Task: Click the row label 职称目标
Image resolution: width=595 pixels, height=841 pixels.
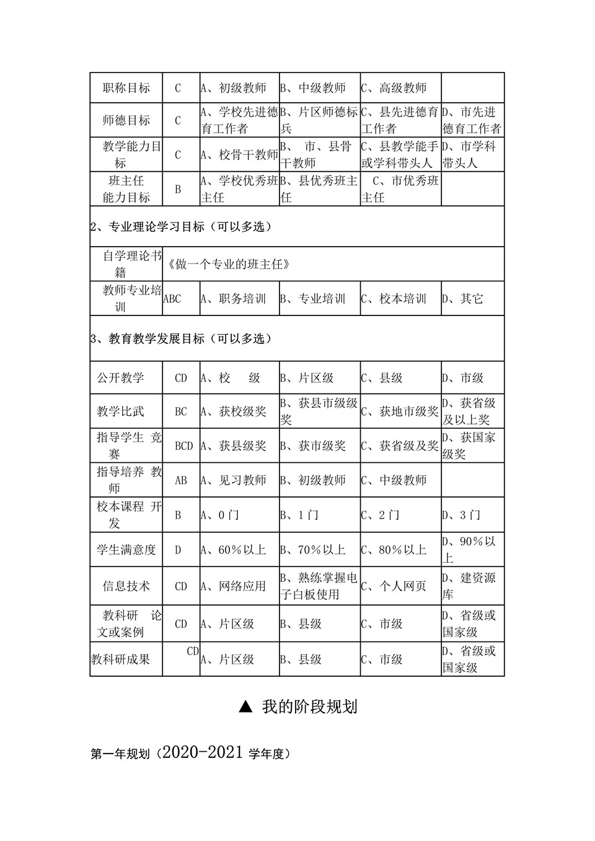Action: (126, 88)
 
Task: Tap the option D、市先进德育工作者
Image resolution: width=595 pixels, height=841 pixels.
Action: (472, 120)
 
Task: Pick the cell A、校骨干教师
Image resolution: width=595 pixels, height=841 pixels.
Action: (239, 155)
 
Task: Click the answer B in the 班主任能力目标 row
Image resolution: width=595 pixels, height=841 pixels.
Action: (178, 189)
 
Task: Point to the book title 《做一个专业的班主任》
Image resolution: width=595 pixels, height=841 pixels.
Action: (229, 264)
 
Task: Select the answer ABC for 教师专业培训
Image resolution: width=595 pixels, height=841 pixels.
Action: (172, 299)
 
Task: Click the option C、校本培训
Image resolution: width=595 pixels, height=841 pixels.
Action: (394, 299)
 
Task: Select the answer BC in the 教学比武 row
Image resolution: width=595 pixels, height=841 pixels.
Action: (180, 412)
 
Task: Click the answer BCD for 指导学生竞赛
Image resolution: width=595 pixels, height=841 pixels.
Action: (183, 446)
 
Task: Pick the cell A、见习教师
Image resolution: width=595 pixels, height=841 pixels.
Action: (234, 480)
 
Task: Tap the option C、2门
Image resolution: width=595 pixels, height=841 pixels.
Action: (381, 515)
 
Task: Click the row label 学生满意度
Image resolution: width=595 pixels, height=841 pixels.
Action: (126, 550)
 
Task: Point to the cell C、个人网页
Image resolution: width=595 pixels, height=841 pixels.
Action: (394, 586)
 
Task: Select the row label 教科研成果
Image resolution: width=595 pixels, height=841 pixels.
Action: (121, 659)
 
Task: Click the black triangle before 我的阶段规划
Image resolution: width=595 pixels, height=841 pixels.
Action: (246, 707)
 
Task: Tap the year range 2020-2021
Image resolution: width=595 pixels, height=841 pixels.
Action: (200, 753)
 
